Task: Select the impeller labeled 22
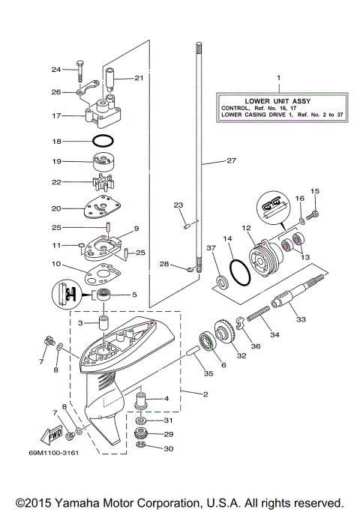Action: pyautogui.click(x=103, y=181)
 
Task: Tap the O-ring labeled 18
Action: pyautogui.click(x=103, y=141)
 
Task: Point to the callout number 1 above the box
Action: pyautogui.click(x=278, y=77)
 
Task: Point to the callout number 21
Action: pyautogui.click(x=139, y=77)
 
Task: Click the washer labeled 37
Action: pyautogui.click(x=221, y=282)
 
